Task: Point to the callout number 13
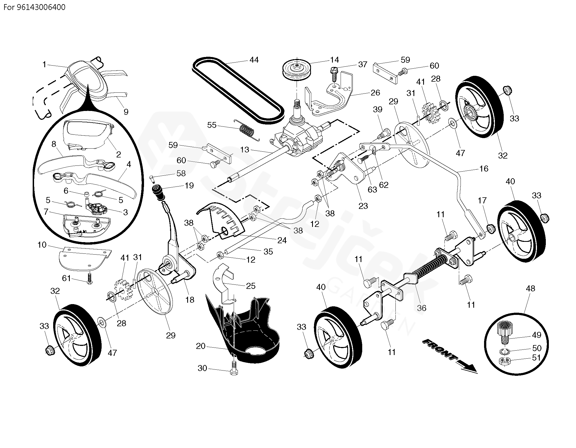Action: pos(245,150)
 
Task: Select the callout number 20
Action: pos(200,346)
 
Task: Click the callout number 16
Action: pos(484,169)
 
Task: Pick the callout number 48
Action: pos(530,288)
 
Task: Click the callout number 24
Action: pos(282,240)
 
